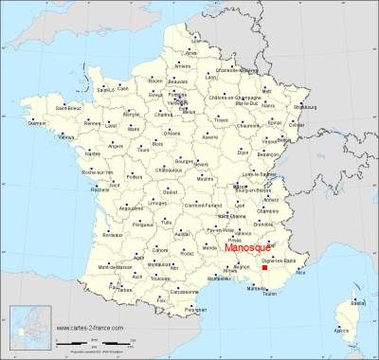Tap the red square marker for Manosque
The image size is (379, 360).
pyautogui.click(x=264, y=268)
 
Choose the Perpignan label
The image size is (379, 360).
pyautogui.click(x=195, y=309)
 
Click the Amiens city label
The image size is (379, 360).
pyautogui.click(x=183, y=65)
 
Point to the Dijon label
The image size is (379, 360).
pyautogui.click(x=244, y=152)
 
